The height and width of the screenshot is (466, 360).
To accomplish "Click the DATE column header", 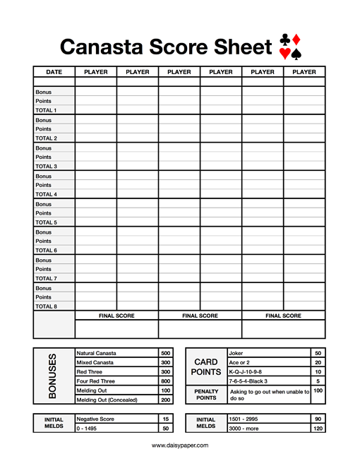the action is pos(54,72).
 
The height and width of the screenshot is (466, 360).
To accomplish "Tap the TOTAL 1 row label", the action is pos(46,111).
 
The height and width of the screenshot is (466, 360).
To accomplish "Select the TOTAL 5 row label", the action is pos(46,222).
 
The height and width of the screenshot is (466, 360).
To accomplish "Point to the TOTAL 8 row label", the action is pos(46,306).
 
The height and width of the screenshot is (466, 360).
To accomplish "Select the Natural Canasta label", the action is pos(97,353).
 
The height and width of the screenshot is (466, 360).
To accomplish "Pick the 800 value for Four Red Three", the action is pos(166,381).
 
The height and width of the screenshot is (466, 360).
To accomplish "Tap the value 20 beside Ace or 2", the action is pos(318,362).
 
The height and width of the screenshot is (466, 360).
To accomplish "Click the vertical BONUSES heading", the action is pos(52,376).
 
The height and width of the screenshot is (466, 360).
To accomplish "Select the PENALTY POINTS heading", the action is pos(206,395).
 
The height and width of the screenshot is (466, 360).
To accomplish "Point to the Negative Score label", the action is pos(95,419).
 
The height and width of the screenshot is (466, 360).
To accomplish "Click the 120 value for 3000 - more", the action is pos(318,429).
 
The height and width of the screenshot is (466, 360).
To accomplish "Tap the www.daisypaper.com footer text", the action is pos(179,446).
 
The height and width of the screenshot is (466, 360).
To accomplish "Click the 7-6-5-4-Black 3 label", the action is pos(248,381).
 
